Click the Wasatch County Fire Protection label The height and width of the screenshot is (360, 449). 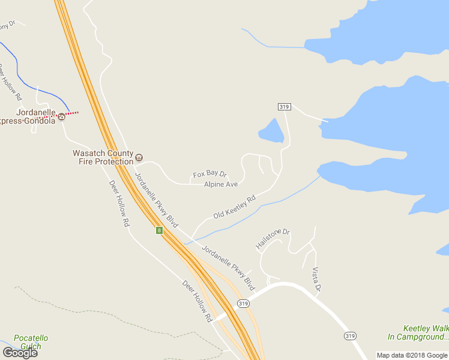coord(103,158)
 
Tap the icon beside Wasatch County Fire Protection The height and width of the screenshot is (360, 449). coord(139,157)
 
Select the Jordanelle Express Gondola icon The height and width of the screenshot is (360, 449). coord(62,116)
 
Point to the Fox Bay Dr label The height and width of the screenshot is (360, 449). coord(209,175)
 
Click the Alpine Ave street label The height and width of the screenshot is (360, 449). coord(221,184)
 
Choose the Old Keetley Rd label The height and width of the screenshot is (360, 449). coord(234,206)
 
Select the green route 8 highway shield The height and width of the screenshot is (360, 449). coord(159,230)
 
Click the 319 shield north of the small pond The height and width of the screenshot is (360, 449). coord(285,107)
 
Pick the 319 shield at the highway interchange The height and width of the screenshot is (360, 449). coord(243,304)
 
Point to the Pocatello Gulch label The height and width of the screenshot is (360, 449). coord(31,342)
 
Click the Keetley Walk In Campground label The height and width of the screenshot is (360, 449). coord(418,332)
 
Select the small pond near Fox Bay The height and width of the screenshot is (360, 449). coord(272,132)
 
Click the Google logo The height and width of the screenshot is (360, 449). coord(20,352)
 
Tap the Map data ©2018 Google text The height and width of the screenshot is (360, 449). coord(412,355)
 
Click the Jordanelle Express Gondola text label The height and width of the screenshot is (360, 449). coord(30,116)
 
